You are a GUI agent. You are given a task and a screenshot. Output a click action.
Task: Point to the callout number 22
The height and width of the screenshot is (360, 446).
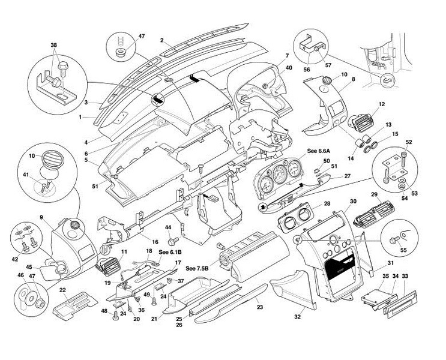pos(63,290)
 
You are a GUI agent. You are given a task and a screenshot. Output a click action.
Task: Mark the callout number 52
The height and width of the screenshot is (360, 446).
pos(408,142)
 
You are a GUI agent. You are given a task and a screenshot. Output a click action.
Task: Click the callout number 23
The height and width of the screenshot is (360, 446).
pos(259,307)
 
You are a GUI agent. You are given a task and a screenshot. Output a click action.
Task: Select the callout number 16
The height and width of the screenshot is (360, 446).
pos(154,242)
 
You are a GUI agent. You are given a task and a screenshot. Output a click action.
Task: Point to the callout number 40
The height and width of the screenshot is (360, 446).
pos(289,68)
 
